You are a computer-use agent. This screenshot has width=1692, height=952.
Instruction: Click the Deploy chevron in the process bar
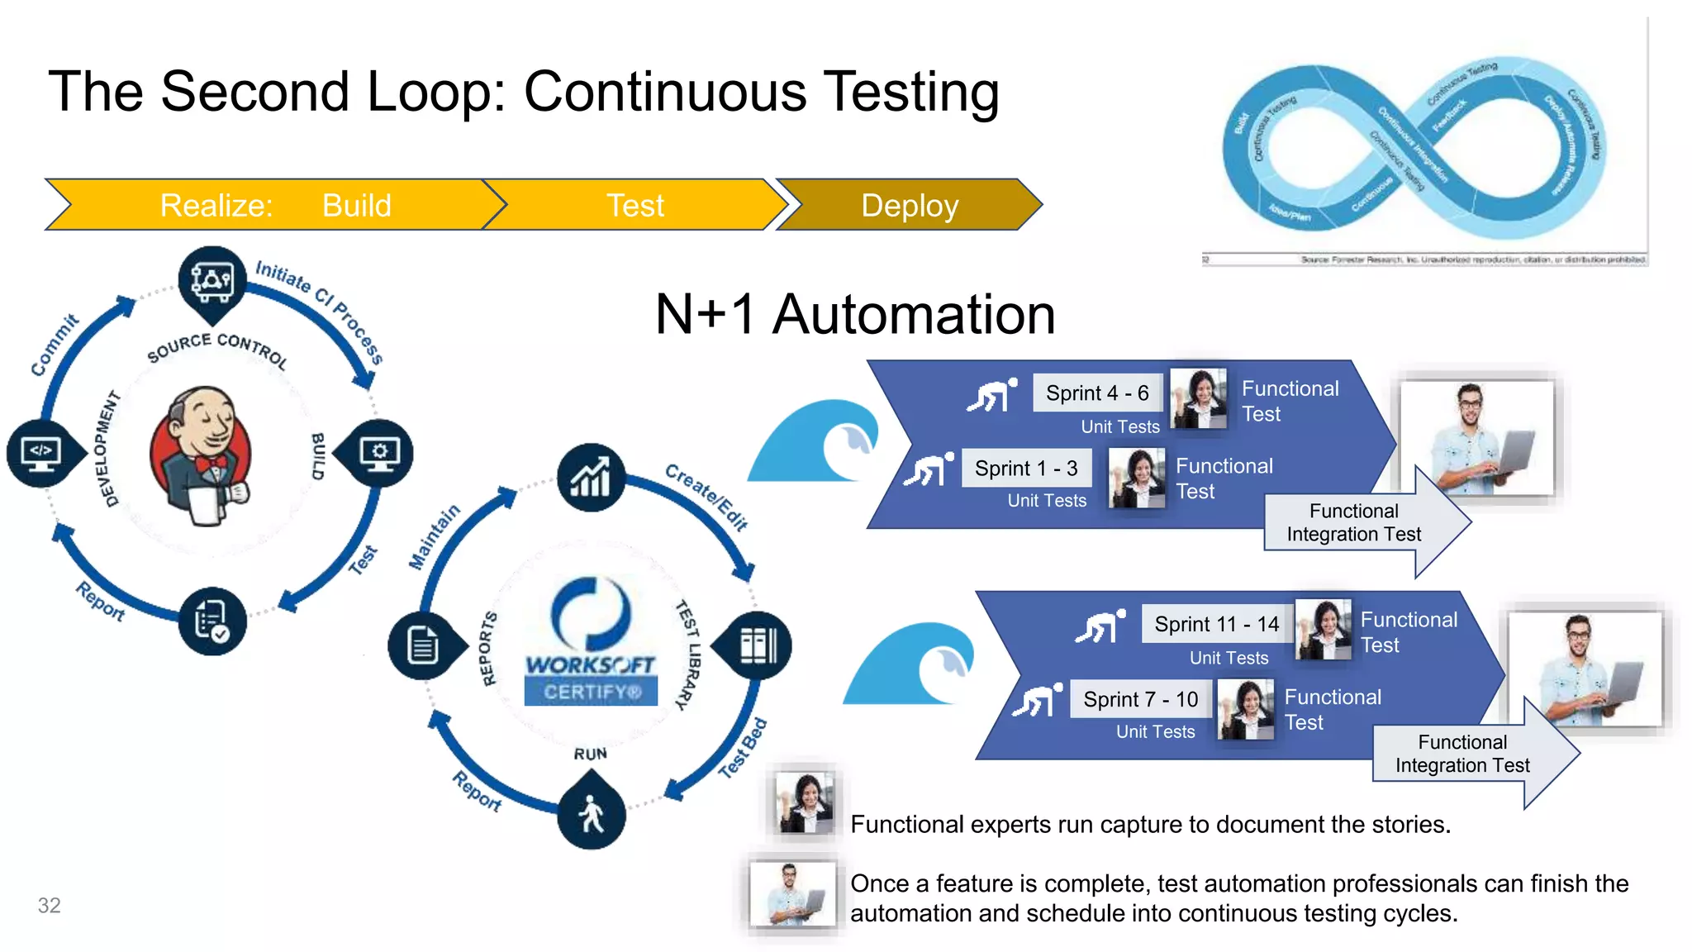click(909, 205)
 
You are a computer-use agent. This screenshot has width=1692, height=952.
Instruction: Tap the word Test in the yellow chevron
click(634, 205)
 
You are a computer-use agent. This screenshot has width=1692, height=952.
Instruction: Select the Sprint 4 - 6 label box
click(1097, 393)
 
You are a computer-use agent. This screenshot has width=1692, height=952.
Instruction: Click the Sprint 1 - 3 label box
click(1026, 469)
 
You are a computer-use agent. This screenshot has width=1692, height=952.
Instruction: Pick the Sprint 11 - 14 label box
click(1216, 624)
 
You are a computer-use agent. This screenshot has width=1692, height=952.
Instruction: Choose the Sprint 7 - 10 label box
click(1140, 699)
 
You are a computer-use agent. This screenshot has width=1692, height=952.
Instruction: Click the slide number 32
click(49, 905)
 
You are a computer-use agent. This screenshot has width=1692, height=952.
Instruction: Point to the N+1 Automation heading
click(855, 314)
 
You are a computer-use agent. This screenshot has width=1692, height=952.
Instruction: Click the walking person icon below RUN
click(591, 814)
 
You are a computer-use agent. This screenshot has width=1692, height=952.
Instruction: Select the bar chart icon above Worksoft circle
click(591, 478)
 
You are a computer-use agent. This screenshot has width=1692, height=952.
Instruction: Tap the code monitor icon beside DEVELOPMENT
click(41, 453)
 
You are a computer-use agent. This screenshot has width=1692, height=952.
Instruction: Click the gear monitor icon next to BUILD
click(379, 453)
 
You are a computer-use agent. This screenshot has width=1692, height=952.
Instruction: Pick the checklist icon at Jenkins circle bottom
click(211, 621)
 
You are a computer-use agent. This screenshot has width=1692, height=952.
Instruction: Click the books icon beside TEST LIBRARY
click(758, 645)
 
